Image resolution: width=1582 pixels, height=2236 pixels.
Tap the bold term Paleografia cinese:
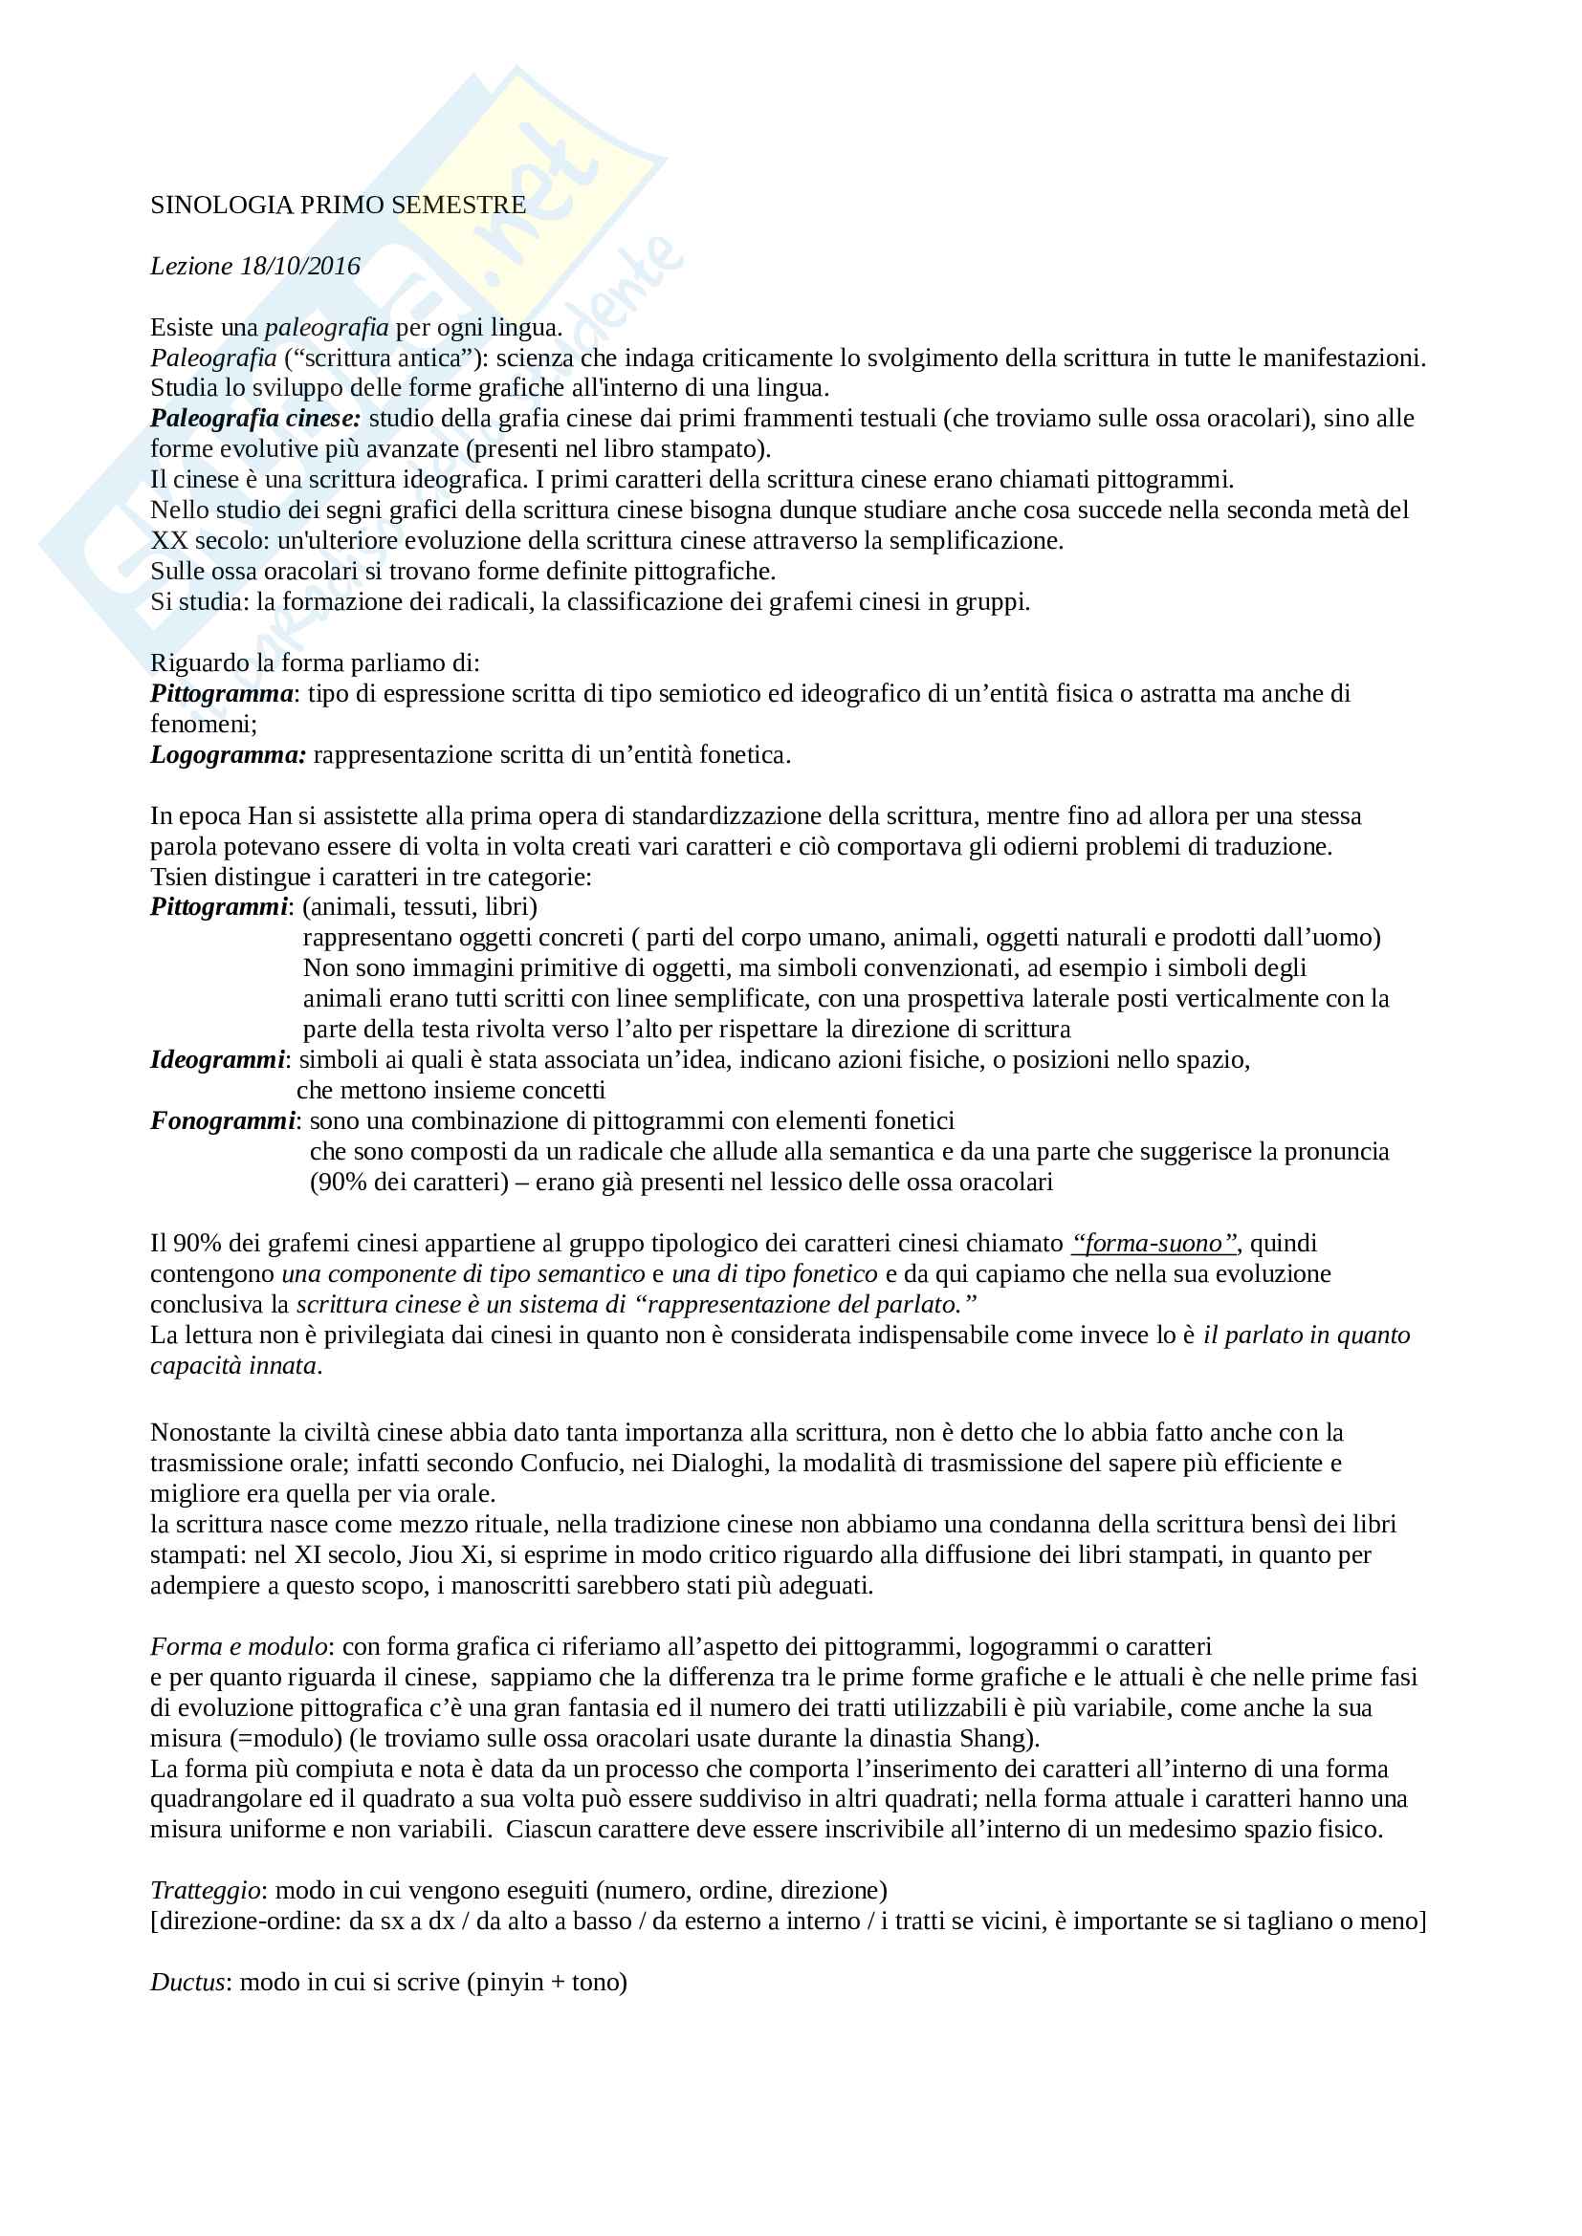coord(255,419)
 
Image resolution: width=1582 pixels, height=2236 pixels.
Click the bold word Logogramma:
coord(228,755)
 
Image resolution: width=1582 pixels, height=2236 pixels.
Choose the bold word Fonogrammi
coord(222,1121)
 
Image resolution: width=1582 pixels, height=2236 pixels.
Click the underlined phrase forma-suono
coord(1154,1244)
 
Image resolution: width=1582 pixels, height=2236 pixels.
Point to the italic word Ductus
coord(187,1982)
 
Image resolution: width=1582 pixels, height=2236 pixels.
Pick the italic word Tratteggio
coord(205,1890)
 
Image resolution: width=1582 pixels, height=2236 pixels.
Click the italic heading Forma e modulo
coord(239,1647)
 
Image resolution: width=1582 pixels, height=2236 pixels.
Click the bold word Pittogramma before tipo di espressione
coord(221,693)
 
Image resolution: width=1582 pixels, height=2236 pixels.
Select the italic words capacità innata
coord(233,1365)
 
